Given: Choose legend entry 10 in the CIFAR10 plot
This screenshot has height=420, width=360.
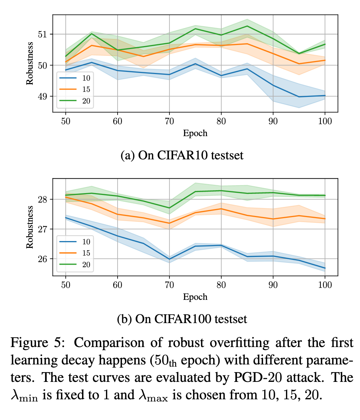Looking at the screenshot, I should coord(86,77).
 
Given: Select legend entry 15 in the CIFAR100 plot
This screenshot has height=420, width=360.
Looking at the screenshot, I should coord(86,253).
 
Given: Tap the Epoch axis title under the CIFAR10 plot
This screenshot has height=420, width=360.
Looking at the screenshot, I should coord(195,133).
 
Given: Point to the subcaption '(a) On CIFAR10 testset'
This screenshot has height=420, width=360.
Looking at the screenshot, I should coord(182,155).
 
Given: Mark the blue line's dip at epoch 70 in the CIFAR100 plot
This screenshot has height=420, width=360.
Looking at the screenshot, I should coord(169,259).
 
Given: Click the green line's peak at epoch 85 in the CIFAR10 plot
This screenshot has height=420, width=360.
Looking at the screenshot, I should coord(247,26).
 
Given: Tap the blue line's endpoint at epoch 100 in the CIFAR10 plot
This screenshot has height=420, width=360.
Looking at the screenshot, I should coord(324,95).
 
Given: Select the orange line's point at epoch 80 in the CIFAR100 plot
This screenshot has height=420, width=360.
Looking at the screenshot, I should coord(221,209).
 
